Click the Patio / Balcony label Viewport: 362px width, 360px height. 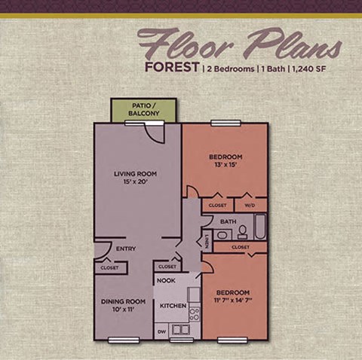click(x=143, y=109)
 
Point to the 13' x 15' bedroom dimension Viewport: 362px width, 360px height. click(x=225, y=166)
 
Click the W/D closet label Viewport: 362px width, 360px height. click(x=250, y=204)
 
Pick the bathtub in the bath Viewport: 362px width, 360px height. click(x=259, y=226)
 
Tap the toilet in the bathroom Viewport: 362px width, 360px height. click(x=242, y=233)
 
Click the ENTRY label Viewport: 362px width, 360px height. click(x=125, y=247)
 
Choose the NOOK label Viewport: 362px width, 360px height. click(x=166, y=280)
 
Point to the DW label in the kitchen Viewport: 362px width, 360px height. click(x=161, y=331)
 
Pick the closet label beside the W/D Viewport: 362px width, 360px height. click(x=216, y=204)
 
